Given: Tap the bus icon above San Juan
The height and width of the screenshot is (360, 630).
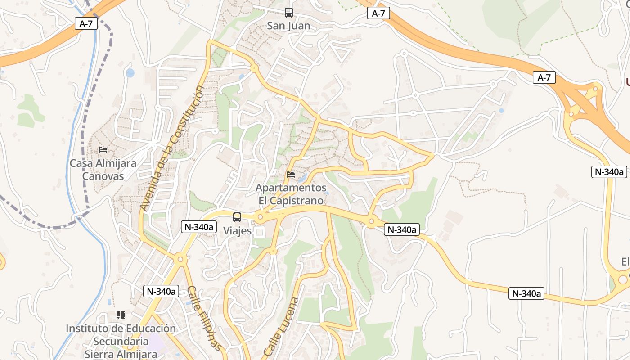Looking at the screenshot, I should [x=289, y=13].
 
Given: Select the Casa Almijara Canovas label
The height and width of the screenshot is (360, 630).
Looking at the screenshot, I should [x=103, y=169].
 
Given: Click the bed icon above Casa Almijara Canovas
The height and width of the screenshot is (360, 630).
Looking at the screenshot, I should [x=103, y=149].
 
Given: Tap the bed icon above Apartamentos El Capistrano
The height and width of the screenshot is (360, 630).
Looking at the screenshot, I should [x=291, y=175].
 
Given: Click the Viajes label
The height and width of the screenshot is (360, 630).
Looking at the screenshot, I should [x=237, y=231].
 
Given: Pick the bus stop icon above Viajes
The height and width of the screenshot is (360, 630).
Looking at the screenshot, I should [x=237, y=217].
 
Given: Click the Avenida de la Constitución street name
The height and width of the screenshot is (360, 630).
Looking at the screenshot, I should [x=172, y=148].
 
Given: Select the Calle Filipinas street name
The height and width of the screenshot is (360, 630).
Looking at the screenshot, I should [x=205, y=318].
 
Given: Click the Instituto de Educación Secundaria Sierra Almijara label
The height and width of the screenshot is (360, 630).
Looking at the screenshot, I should [x=121, y=341].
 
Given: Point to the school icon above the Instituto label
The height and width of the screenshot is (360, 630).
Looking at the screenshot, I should [x=121, y=315].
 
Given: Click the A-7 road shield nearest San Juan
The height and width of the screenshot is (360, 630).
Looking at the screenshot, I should [x=378, y=13].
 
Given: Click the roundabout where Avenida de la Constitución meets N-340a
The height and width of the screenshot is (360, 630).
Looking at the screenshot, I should [x=180, y=259].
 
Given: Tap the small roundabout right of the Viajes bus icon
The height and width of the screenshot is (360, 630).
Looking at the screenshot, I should [x=260, y=218].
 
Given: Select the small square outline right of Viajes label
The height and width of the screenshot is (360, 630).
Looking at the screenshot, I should [x=260, y=232].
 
